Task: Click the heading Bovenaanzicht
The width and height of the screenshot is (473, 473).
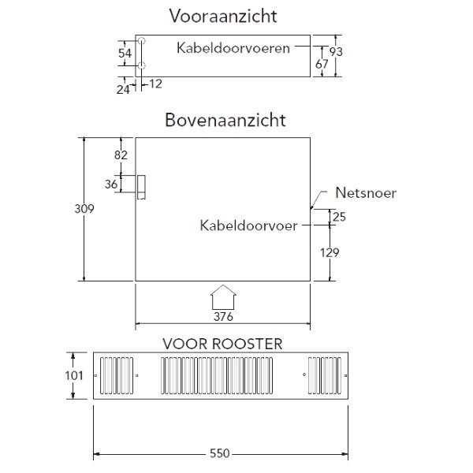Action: coord(225,121)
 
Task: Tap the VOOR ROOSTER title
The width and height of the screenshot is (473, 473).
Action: coord(222,344)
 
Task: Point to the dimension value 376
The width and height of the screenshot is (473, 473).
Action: coord(225,317)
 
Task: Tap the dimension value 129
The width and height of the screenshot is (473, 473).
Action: coord(330,252)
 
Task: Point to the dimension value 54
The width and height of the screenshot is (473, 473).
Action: coord(124,53)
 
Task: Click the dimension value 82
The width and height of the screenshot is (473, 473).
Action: coord(121,155)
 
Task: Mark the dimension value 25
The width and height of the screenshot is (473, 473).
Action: coord(339,217)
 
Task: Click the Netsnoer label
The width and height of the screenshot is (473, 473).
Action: coord(365,192)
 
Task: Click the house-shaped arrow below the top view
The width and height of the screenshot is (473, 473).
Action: coord(224,300)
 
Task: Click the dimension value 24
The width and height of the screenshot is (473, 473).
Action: coord(123,89)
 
